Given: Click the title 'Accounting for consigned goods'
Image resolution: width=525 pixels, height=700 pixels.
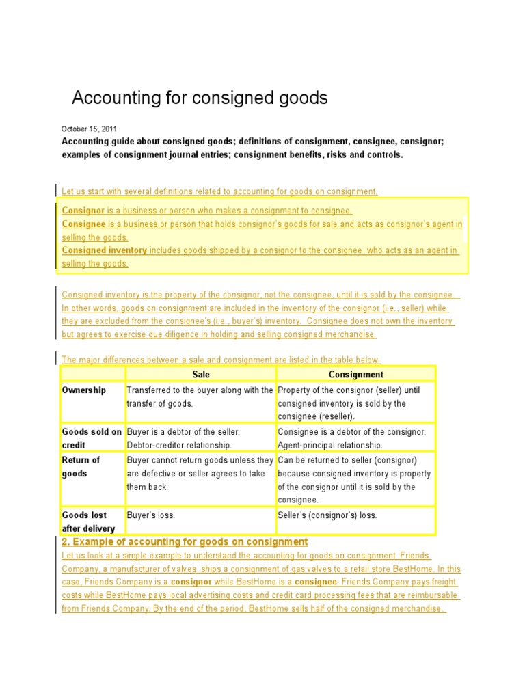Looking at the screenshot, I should coord(200,98).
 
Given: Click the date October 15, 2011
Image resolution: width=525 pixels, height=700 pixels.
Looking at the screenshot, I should coord(89,129).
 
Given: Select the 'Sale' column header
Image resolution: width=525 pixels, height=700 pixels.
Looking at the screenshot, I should coord(200,374).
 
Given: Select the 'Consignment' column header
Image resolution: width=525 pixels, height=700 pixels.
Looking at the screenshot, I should coord(355,374).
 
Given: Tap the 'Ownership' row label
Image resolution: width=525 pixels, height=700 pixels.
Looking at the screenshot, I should coord(84,390).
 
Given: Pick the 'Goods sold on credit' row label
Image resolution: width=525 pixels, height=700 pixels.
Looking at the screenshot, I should coord(92,438).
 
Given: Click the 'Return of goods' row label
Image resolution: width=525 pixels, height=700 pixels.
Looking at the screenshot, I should coord(81,466).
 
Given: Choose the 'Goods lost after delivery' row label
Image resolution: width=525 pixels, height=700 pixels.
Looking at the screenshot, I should coord(88,522).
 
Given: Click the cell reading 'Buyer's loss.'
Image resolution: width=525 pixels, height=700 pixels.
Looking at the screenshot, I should coord(152,515).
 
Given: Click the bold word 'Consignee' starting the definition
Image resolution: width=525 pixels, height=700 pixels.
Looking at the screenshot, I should coord(83,224).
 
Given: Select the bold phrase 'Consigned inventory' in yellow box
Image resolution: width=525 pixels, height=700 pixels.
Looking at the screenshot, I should coord(104,250).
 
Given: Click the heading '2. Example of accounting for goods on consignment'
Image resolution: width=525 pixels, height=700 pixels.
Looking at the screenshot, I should coord(185,541).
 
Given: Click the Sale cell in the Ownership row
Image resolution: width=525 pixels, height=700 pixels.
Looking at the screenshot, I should coord(200,396).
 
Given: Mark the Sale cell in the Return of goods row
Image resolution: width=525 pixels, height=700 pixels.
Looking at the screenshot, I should coord(200,473).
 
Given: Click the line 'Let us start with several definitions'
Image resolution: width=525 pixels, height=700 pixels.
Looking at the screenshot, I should coord(219,191).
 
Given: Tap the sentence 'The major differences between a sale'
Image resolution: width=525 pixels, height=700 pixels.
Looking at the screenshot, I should coord(221,360).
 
